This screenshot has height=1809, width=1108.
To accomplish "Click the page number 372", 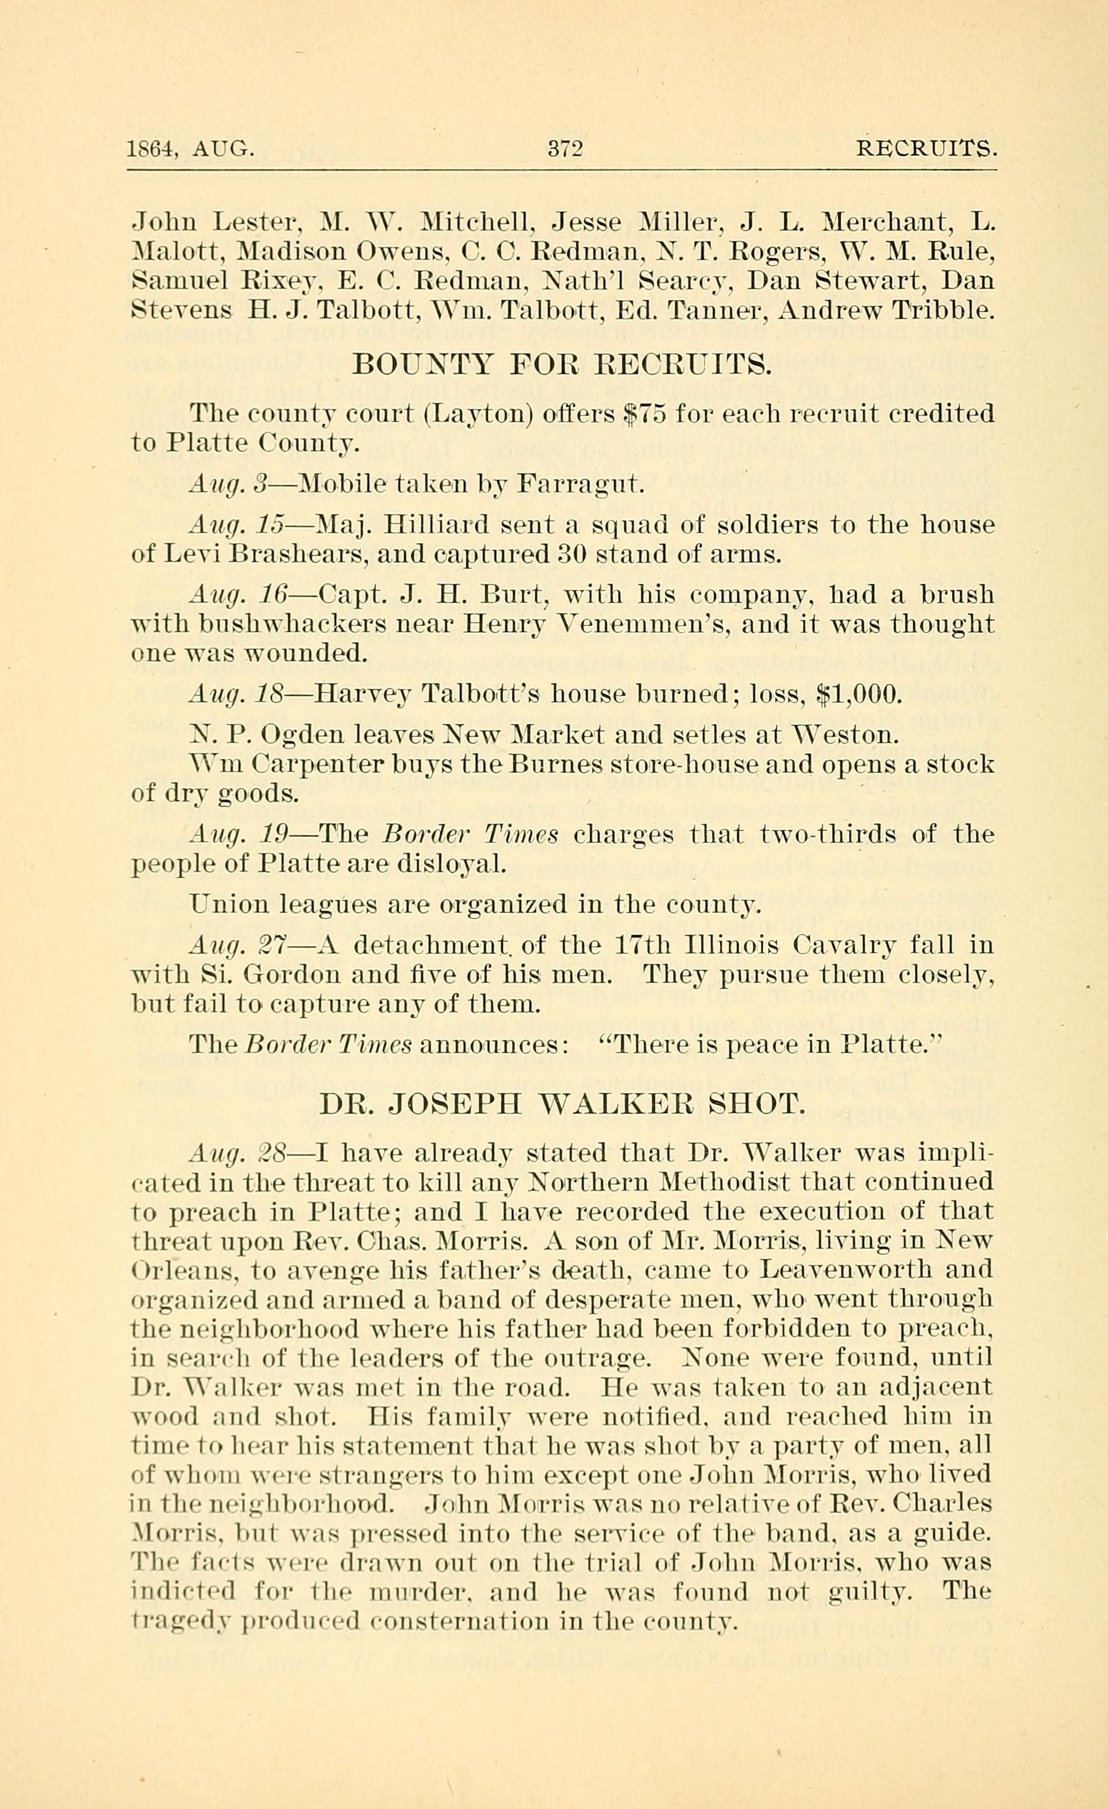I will (565, 149).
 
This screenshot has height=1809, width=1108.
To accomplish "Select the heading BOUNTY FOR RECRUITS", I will (562, 364).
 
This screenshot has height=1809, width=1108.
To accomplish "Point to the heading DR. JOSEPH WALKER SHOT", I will (562, 1104).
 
